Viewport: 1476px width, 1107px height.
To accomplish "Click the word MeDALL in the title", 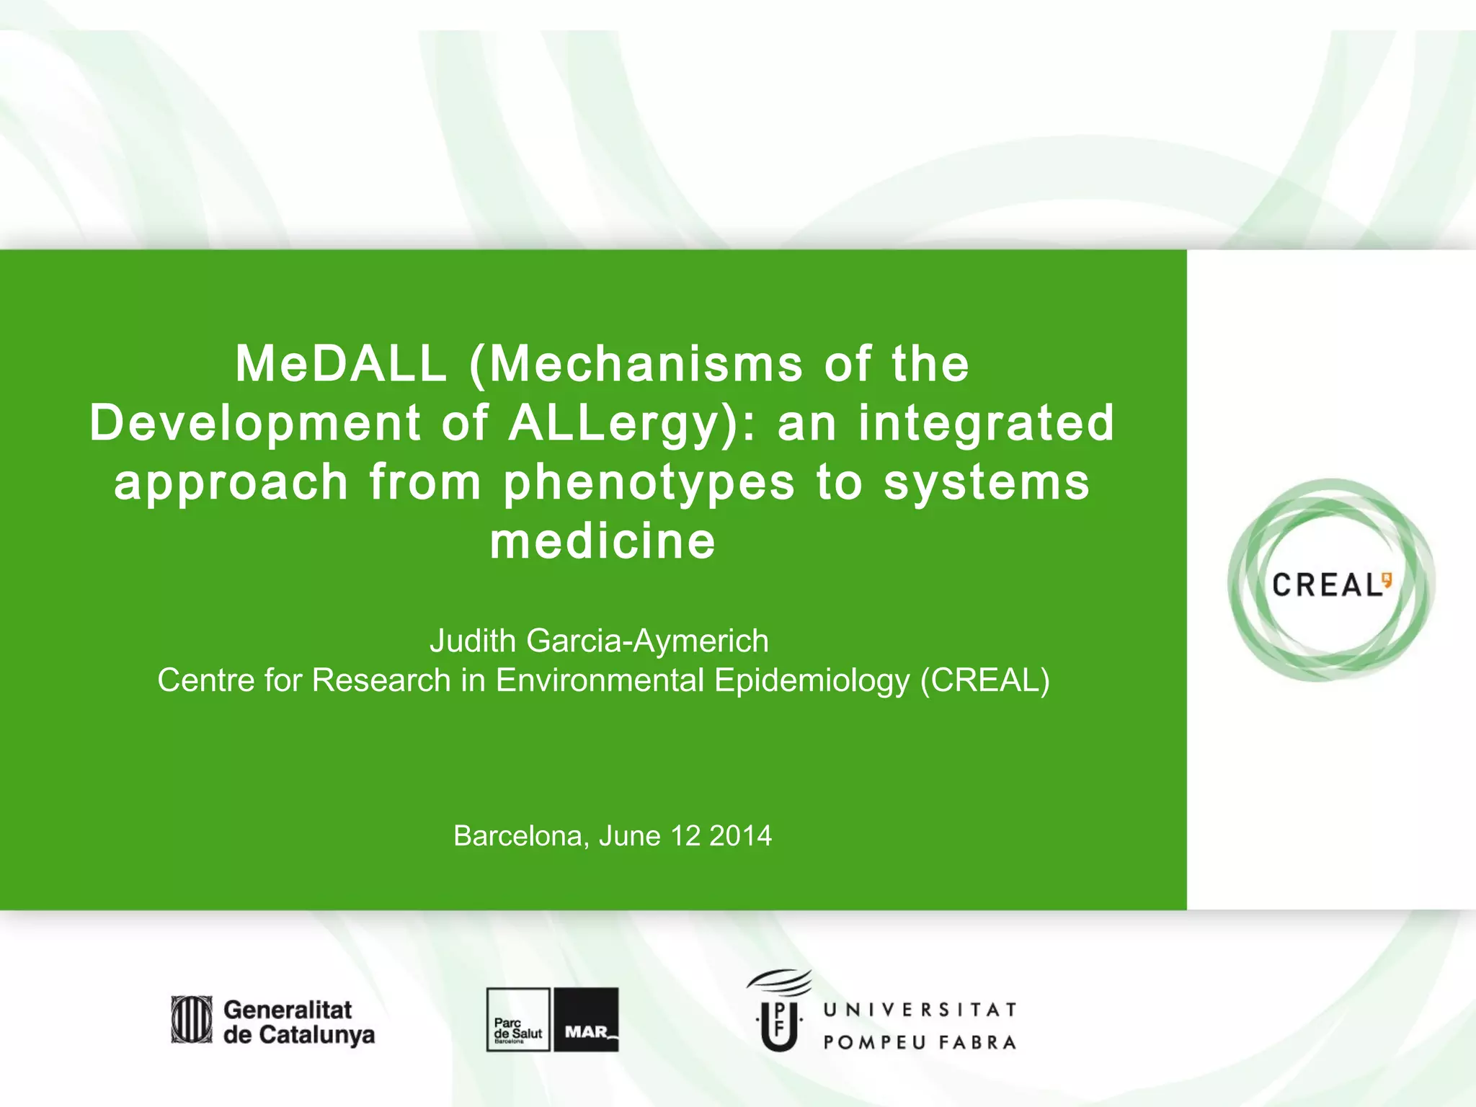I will tap(340, 364).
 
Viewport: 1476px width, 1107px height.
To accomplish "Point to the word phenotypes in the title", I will tap(649, 483).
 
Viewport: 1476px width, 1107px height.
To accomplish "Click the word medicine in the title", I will tap(603, 541).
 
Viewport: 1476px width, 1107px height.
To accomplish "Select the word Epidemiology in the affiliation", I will tap(812, 680).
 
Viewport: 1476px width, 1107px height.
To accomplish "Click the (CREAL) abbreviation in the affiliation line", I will tap(985, 680).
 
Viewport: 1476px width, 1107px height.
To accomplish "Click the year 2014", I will tap(740, 836).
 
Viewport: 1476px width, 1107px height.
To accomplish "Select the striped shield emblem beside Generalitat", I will tap(192, 1020).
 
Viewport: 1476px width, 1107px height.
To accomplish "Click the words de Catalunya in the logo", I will tap(298, 1035).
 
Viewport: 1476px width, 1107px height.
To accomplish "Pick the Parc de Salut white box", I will tap(517, 1020).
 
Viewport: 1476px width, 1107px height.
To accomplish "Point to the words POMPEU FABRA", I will tap(920, 1043).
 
